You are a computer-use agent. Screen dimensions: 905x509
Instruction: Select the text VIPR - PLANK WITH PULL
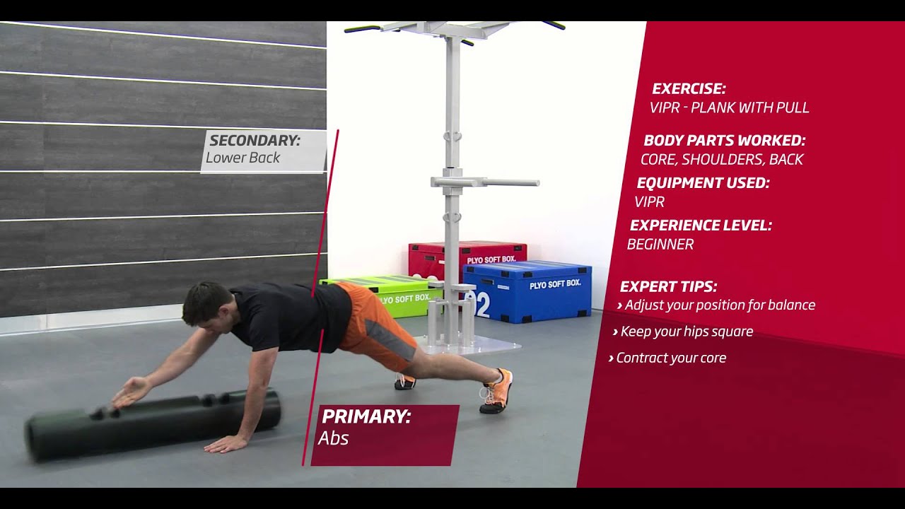pyautogui.click(x=729, y=107)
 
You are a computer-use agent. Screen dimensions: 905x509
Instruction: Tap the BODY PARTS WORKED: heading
pyautogui.click(x=725, y=141)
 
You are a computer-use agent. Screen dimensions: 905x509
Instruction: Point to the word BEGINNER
pyautogui.click(x=660, y=245)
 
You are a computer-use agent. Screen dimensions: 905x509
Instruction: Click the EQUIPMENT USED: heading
pyautogui.click(x=703, y=183)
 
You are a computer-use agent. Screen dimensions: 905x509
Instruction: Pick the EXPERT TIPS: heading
pyautogui.click(x=668, y=287)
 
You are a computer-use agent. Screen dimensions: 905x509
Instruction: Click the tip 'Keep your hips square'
pyautogui.click(x=683, y=332)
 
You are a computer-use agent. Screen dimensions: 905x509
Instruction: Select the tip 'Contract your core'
pyautogui.click(x=667, y=358)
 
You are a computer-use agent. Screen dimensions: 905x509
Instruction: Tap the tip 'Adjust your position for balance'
pyautogui.click(x=716, y=305)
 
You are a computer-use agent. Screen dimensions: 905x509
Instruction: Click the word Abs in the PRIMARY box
pyautogui.click(x=333, y=438)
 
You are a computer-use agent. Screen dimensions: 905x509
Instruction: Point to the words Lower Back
pyautogui.click(x=243, y=158)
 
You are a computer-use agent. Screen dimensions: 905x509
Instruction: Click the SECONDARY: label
pyautogui.click(x=255, y=141)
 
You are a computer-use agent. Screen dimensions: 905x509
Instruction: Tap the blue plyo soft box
pyautogui.click(x=527, y=292)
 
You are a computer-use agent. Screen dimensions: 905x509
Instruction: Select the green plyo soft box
pyautogui.click(x=380, y=295)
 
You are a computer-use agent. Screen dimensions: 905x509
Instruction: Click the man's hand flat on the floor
pyautogui.click(x=225, y=445)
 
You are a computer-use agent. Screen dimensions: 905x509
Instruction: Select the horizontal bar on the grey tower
pyautogui.click(x=485, y=182)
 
